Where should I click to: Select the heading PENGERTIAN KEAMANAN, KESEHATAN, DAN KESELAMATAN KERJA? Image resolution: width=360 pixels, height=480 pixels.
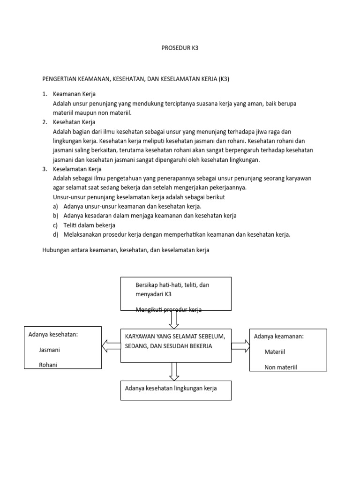pos(135,79)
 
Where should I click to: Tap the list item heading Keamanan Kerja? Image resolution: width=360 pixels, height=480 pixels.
pos(74,94)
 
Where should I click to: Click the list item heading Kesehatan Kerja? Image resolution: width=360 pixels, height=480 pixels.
pos(74,122)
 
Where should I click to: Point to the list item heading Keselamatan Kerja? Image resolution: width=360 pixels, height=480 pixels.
pos(77,169)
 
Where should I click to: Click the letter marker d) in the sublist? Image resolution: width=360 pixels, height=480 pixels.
pos(56,234)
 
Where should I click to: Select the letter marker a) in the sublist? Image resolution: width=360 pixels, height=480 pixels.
pos(56,206)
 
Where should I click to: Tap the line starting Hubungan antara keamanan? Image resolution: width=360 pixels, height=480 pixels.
pos(125,250)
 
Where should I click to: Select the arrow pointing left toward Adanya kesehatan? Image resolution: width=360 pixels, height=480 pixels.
pos(111,346)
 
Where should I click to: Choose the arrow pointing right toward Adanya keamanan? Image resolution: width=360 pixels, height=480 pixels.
pos(240,346)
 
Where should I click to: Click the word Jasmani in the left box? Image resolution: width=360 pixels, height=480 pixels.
pos(50,350)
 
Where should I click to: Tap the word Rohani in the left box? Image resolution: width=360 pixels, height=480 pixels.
pos(48,365)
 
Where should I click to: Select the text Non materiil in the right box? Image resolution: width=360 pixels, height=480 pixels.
pos(281,367)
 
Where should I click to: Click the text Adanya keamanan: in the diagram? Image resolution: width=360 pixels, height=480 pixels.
pos(279,336)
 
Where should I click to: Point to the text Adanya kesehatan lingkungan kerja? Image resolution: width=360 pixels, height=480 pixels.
pos(171,388)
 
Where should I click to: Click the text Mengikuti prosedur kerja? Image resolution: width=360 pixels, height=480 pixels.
pos(168,309)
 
